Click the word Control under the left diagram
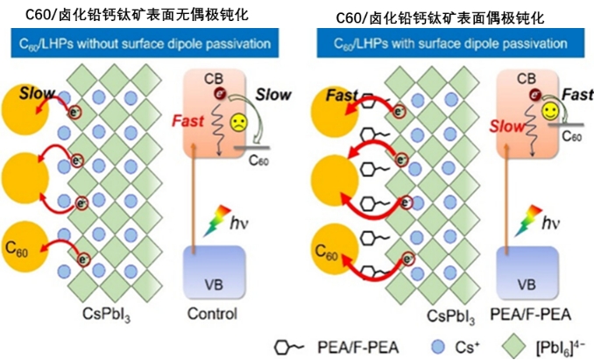tap(211, 314)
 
